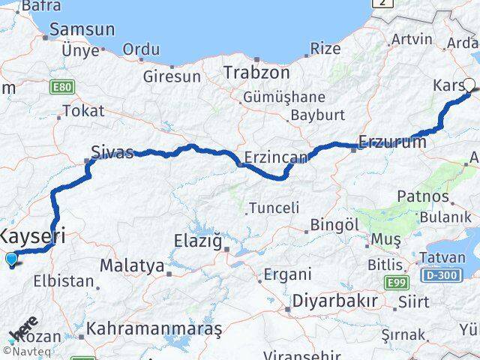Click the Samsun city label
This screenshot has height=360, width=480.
point(82,31)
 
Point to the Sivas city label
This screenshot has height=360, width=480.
point(112,152)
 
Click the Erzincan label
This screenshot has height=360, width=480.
point(276,157)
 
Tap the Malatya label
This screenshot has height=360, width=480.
point(132,265)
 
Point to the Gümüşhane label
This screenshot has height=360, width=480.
point(283,97)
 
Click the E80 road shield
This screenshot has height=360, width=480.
point(62,88)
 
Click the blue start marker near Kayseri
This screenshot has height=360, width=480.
point(11,259)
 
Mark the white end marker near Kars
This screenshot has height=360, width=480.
point(469,85)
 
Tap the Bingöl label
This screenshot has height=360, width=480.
point(334,225)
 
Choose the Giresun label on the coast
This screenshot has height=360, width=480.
point(172,76)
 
